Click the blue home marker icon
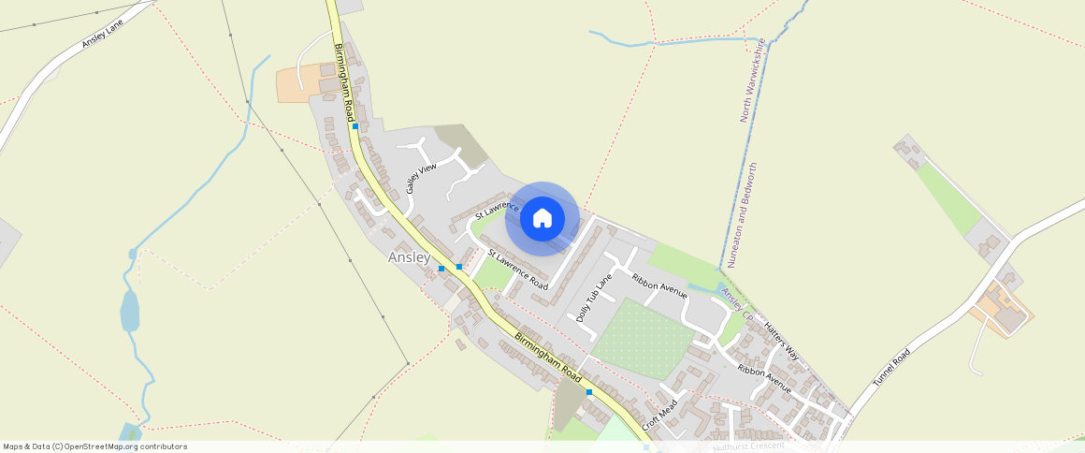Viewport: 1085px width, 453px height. point(542,218)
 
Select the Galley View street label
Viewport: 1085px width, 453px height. point(421,177)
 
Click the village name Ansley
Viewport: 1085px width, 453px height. point(409,257)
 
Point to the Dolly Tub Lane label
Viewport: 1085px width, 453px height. point(594,299)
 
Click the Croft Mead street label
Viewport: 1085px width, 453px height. point(658,412)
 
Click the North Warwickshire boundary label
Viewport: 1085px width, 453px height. point(752,80)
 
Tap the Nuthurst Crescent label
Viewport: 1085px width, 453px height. point(748,447)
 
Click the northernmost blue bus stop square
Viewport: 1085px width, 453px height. point(355,125)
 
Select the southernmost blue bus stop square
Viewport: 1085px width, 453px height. point(589,392)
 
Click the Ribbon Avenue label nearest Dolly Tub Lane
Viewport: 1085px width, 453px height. point(659,287)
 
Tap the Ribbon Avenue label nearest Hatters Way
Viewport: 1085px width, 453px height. point(763,377)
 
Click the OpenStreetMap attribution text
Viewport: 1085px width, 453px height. point(94,446)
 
